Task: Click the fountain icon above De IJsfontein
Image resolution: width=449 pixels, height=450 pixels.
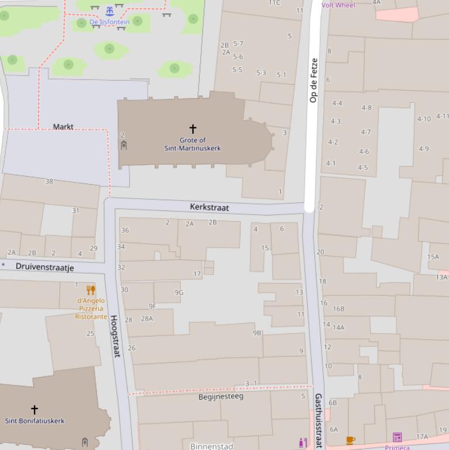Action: (x=110, y=11)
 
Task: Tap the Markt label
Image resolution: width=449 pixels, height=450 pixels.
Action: (x=63, y=126)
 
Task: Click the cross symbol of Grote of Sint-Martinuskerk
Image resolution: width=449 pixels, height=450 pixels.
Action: (x=193, y=128)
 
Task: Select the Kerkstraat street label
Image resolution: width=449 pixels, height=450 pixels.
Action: (x=209, y=207)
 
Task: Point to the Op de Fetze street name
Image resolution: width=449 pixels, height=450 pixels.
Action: (x=314, y=80)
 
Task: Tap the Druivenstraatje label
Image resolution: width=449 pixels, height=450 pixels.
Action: (x=44, y=267)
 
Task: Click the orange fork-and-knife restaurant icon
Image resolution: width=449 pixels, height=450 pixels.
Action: (x=91, y=290)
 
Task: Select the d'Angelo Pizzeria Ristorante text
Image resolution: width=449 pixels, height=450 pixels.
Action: (x=91, y=309)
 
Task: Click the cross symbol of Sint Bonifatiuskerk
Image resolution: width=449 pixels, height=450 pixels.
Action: (x=34, y=409)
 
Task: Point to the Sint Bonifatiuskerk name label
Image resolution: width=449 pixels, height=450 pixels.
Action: (x=35, y=421)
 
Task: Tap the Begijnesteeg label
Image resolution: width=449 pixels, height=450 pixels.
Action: (x=221, y=397)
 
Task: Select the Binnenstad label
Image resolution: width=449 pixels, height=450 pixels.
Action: (x=211, y=446)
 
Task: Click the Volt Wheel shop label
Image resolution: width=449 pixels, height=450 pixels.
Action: (x=338, y=5)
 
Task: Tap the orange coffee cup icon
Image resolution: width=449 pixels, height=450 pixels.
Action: (x=350, y=440)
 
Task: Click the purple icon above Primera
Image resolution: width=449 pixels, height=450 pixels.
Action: (x=397, y=437)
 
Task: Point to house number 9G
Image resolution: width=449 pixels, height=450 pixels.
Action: (x=179, y=293)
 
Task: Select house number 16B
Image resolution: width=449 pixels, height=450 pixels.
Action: (x=339, y=309)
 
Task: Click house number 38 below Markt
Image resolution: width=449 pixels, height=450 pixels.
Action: (x=49, y=182)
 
